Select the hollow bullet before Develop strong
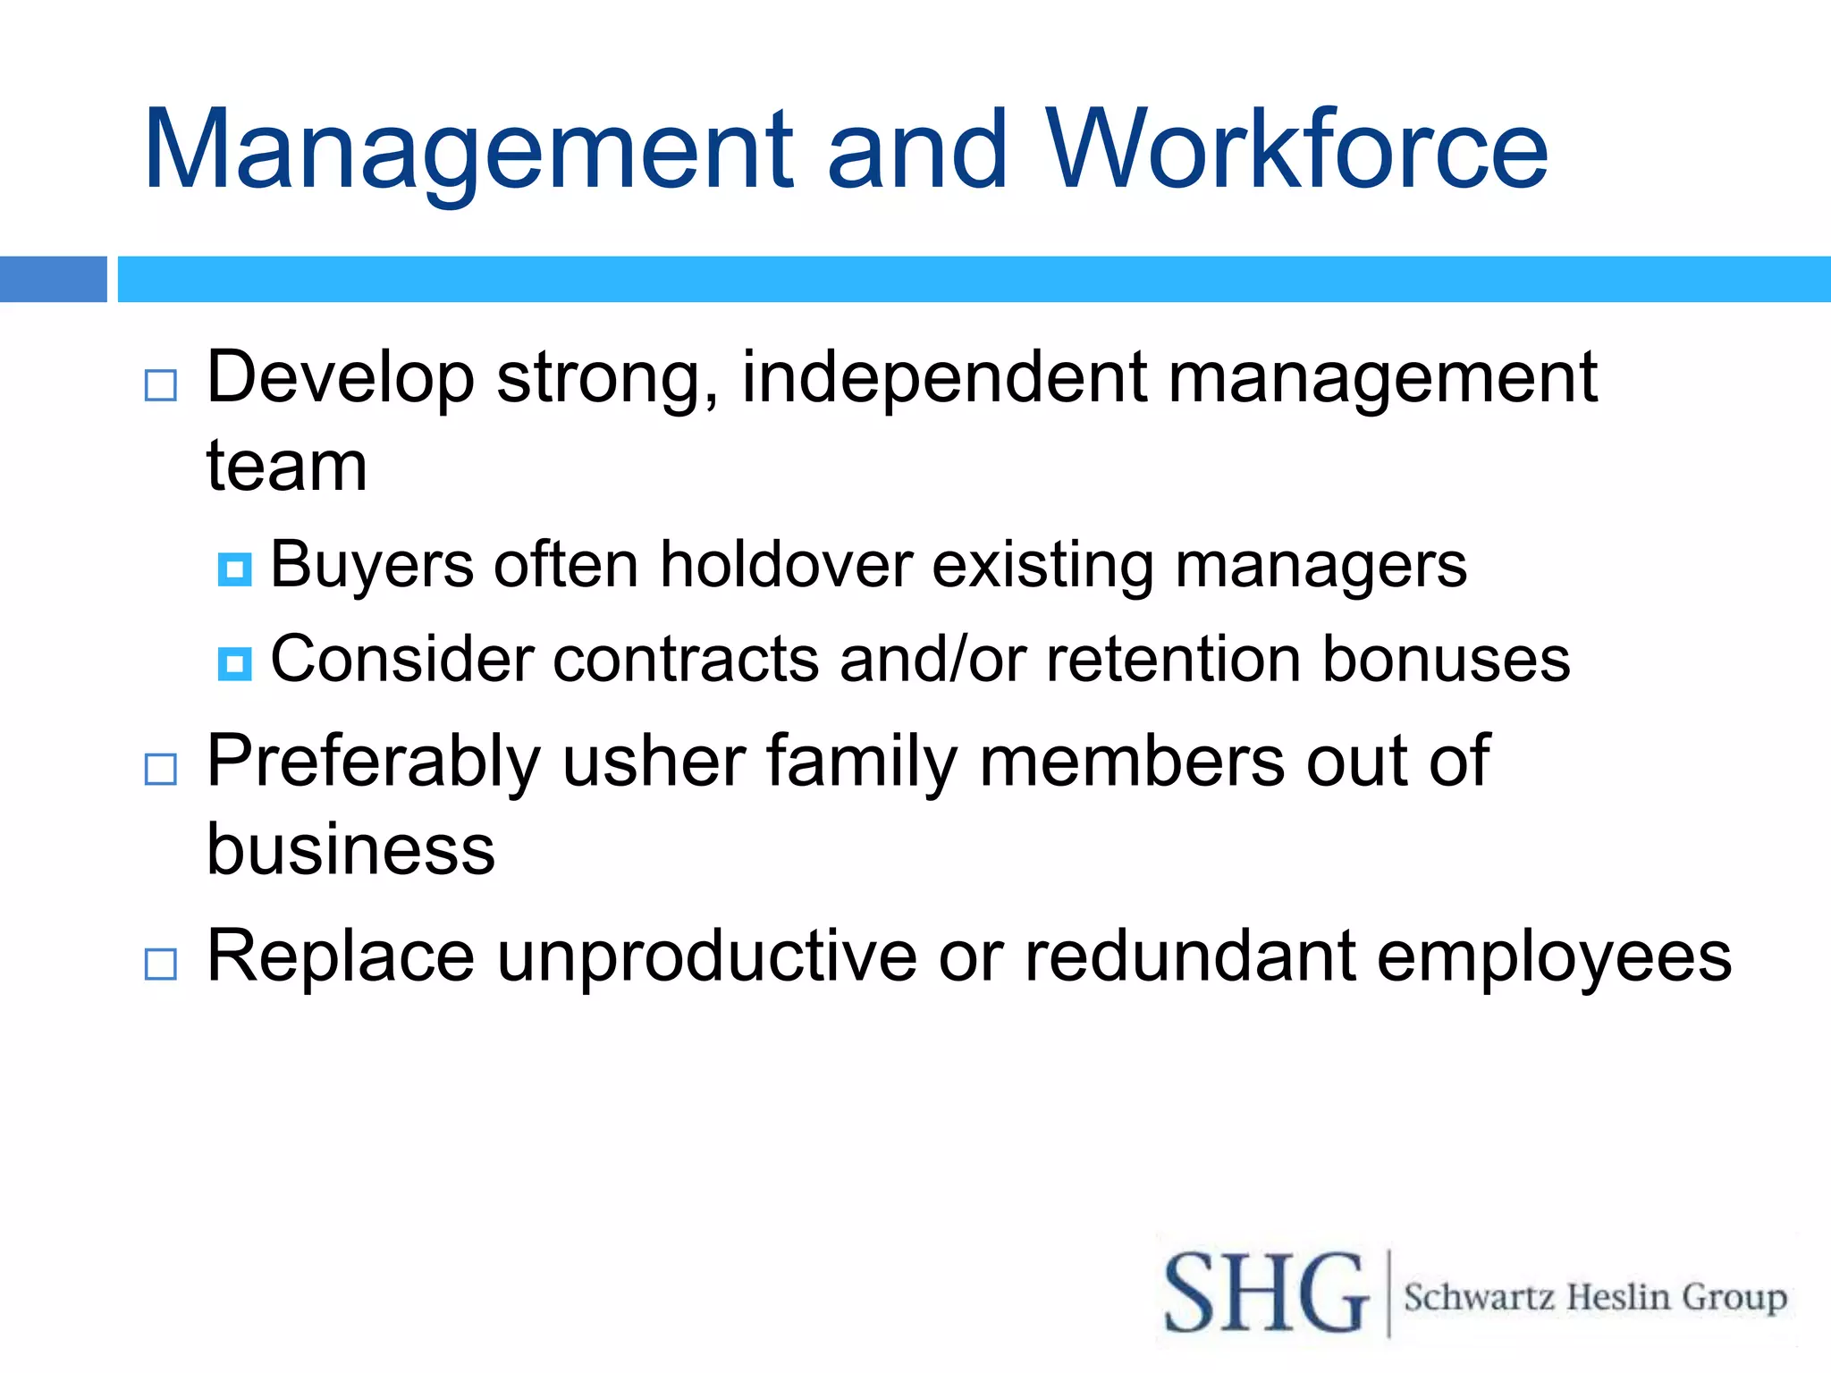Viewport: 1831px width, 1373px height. pos(161,385)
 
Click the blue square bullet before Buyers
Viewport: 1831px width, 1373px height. pos(234,569)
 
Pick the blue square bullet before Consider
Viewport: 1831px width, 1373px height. pos(234,663)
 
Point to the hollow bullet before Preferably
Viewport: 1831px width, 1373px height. pos(161,769)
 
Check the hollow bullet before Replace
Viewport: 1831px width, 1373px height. pos(161,964)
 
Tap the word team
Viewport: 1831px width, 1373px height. pos(286,466)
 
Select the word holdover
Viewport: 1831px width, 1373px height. pos(786,565)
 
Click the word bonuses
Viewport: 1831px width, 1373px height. pos(1446,660)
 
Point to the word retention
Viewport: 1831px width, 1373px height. pos(1173,660)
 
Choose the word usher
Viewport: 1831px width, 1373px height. pos(654,761)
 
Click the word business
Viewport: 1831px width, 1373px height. pos(350,848)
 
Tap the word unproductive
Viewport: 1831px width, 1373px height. pos(706,956)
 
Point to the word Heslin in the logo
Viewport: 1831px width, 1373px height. pos(1618,1296)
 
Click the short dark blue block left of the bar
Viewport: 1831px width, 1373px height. pos(53,279)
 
